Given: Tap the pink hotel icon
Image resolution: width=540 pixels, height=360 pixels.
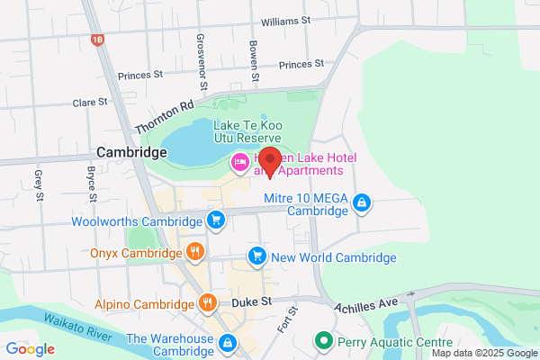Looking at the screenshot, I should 240,163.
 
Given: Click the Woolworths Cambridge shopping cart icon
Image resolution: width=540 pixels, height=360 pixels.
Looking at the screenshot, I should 215,220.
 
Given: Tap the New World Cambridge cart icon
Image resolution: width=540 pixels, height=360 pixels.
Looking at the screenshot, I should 258,256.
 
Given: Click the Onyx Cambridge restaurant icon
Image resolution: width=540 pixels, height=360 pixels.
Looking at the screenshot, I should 194,251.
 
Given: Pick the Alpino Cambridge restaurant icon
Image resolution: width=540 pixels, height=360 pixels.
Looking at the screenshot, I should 208,302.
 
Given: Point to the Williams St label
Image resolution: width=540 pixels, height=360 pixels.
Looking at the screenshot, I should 284,19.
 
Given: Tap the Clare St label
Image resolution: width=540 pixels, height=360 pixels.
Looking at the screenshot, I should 90,103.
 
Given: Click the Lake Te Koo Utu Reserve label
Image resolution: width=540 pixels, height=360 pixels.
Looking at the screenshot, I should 248,131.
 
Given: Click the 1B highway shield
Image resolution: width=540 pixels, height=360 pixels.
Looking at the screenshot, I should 97,40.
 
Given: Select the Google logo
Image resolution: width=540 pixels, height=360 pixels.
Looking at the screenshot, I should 31,349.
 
